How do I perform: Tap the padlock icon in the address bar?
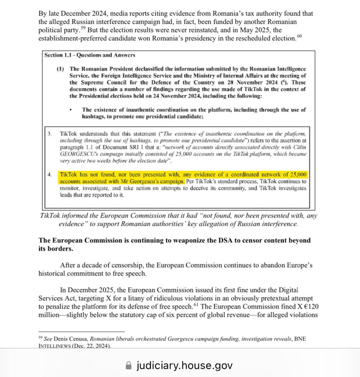(128, 366)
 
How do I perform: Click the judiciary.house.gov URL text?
(184, 366)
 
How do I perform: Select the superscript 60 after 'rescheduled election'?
(299, 36)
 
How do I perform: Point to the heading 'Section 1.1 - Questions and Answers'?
(90, 55)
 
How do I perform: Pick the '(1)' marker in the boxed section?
(60, 69)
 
